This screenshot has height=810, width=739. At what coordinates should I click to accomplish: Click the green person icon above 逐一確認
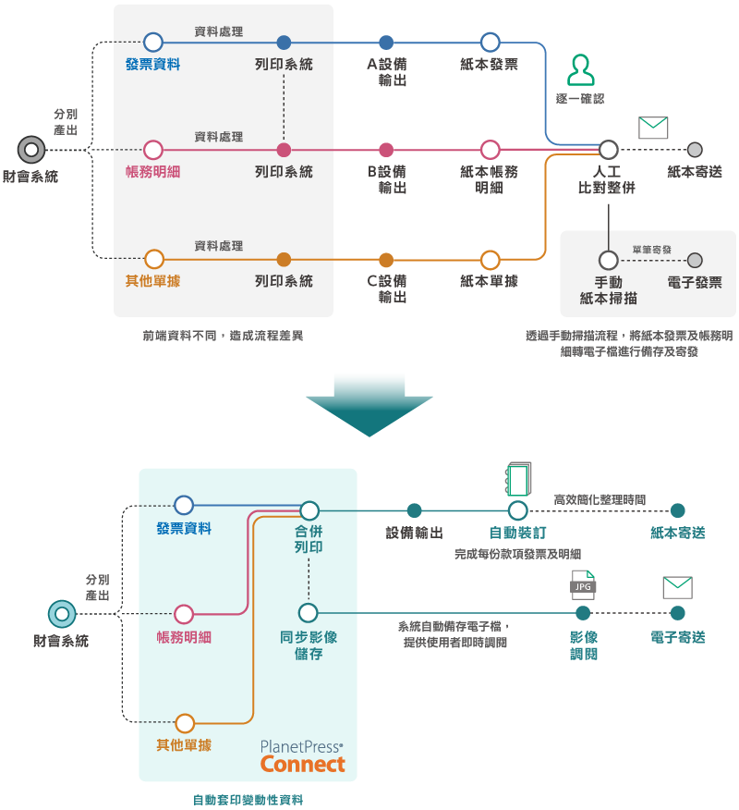(581, 70)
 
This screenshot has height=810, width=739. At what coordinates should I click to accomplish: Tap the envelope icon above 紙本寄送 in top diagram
(652, 128)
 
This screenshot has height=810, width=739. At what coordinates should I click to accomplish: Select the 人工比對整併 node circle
(608, 150)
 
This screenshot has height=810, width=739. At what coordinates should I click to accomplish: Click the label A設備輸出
(386, 72)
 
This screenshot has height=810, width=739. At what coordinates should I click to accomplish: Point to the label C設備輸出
(386, 288)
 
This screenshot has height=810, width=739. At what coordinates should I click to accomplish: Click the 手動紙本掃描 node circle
(608, 260)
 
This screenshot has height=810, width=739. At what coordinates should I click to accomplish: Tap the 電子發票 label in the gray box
(695, 282)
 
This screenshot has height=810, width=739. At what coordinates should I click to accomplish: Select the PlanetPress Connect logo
(302, 756)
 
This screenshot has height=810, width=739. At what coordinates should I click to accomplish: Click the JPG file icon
(583, 584)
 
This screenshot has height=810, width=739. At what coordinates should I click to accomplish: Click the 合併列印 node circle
(309, 510)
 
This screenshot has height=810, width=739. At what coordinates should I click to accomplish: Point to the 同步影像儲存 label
(309, 645)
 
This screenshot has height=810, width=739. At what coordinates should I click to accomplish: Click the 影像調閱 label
(583, 645)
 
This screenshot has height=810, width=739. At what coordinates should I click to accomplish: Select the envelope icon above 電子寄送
(677, 587)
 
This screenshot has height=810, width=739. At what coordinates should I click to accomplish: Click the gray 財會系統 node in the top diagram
(31, 150)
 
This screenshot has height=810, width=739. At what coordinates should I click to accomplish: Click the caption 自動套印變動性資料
(248, 800)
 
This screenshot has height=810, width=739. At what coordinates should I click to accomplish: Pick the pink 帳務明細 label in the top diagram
(152, 172)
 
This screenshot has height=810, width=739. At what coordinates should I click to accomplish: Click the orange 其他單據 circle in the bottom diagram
(185, 723)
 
